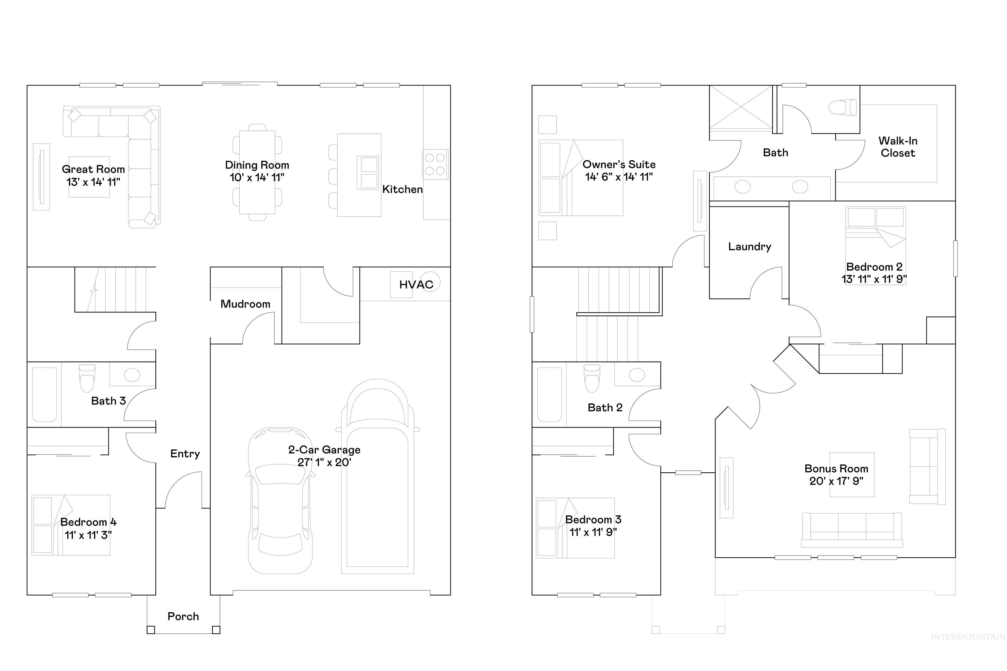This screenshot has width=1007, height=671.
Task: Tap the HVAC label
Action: (x=416, y=285)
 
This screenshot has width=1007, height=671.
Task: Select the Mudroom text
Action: (x=245, y=304)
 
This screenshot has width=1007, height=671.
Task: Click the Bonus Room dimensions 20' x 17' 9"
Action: (x=836, y=481)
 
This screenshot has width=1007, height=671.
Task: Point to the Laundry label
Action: (x=749, y=247)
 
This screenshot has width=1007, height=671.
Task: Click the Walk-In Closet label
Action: (x=898, y=147)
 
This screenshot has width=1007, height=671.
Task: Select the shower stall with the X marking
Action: (x=741, y=107)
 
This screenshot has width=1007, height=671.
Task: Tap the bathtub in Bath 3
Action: (x=45, y=394)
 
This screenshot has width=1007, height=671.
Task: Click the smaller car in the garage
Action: (x=280, y=501)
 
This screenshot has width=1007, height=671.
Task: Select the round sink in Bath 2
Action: (x=637, y=375)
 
